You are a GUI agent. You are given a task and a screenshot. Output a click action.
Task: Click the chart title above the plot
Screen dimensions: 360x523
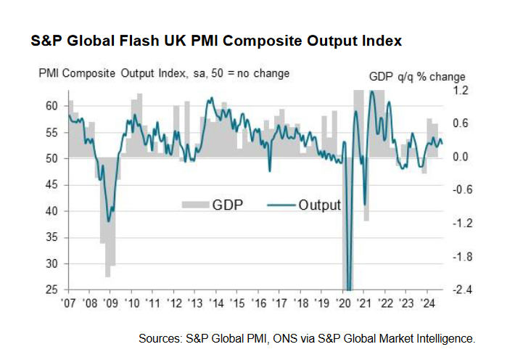215,41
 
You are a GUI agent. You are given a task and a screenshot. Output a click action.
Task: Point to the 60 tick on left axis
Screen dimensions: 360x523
51,106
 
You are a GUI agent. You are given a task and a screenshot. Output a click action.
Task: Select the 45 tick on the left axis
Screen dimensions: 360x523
51,185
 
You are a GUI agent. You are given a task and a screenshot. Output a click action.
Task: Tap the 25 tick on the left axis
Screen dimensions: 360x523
51,290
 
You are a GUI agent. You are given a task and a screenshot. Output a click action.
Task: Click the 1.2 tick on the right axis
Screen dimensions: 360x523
461,91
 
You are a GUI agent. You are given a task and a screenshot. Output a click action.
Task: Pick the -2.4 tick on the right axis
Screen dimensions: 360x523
459,290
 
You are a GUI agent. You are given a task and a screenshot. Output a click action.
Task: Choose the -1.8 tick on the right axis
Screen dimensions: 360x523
459,257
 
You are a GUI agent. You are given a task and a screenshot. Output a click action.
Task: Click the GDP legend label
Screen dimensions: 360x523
228,205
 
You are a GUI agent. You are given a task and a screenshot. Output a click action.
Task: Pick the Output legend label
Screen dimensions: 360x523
319,205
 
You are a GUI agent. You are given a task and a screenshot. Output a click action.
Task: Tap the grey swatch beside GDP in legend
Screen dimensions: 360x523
194,205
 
